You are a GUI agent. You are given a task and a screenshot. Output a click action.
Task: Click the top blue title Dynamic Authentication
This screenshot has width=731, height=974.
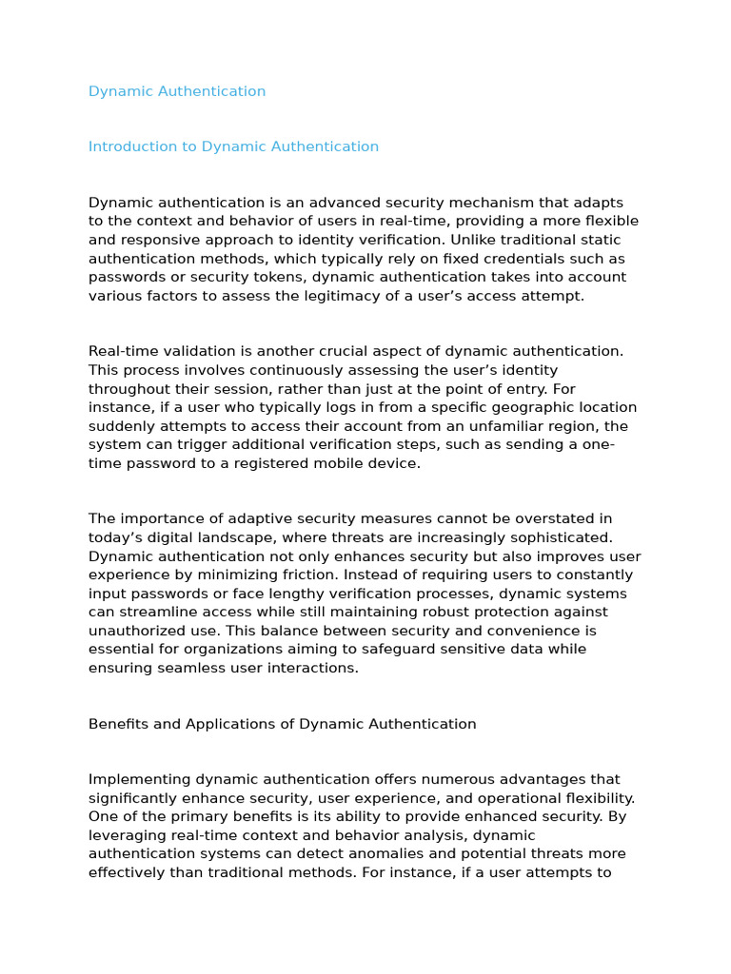pos(177,91)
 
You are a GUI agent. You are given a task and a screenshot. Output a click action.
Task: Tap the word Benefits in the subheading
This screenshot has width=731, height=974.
pos(118,724)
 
